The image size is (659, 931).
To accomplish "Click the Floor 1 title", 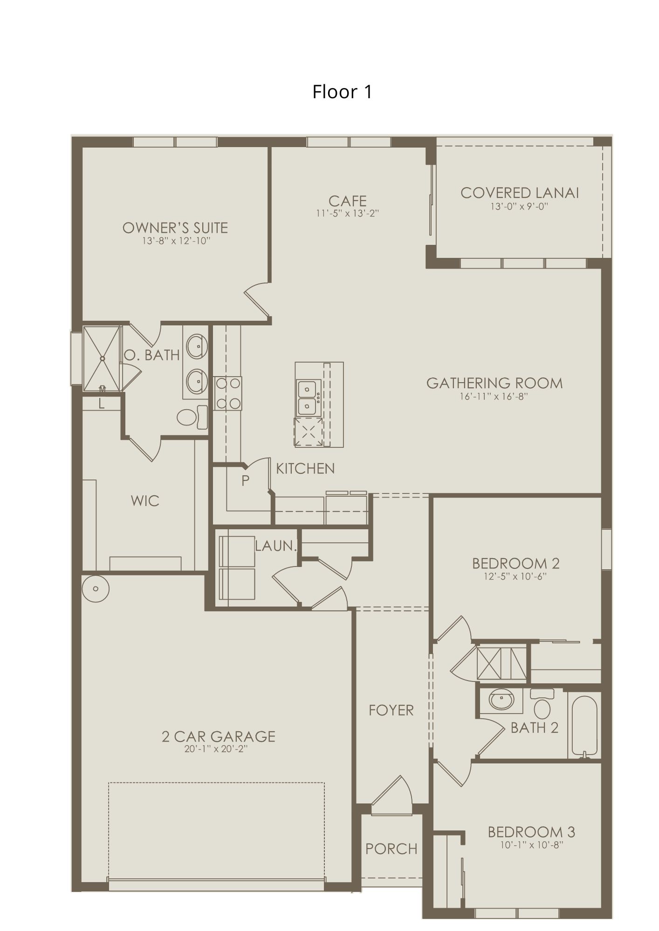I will tap(342, 92).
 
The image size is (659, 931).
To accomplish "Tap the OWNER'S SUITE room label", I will tap(175, 228).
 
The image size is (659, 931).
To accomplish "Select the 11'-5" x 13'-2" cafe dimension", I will tap(347, 214).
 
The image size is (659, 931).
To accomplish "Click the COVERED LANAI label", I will tap(519, 193).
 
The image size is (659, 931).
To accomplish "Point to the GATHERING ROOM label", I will tap(494, 383).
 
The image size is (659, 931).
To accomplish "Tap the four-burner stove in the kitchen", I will tap(228, 393).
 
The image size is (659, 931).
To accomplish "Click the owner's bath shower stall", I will tap(102, 358).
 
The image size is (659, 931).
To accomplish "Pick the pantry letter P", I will tap(246, 480).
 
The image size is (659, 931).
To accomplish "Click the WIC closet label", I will tap(145, 501).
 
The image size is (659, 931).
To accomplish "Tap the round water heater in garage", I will tap(96, 588).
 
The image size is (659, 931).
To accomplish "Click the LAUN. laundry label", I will tap(275, 546).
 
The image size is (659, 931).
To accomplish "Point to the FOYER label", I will tap(391, 710).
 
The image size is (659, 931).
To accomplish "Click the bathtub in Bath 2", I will tap(584, 724).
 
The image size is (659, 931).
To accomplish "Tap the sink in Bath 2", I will tap(501, 699).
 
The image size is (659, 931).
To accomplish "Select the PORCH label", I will tap(391, 849).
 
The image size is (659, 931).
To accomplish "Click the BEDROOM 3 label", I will tap(531, 831).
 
